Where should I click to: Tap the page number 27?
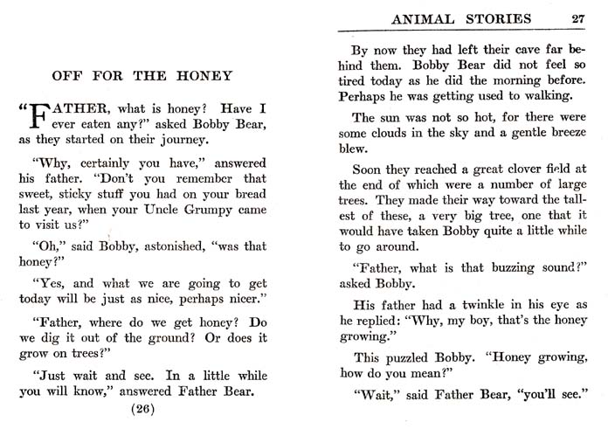click(x=577, y=18)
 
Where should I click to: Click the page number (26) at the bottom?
click(x=144, y=408)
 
